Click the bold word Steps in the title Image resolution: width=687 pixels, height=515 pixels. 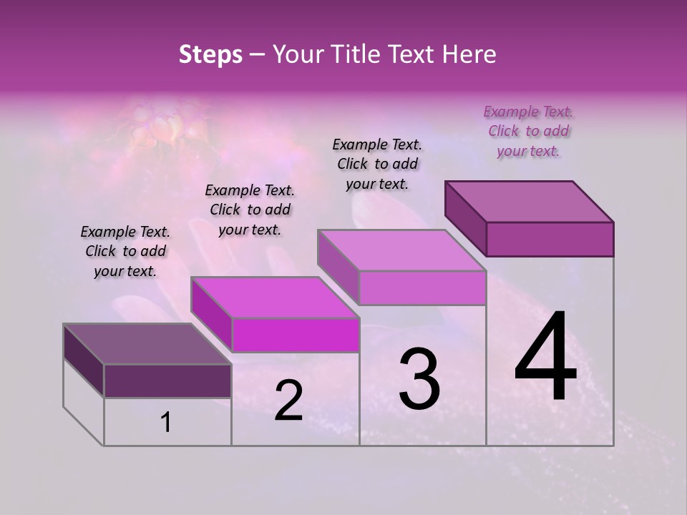tap(210, 54)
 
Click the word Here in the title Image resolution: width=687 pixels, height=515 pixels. tap(468, 54)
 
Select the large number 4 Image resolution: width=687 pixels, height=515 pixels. tap(545, 358)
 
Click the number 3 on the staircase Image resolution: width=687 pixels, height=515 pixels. tap(419, 379)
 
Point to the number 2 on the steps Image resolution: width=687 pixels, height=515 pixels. tap(288, 401)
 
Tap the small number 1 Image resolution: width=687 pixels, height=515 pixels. tap(166, 423)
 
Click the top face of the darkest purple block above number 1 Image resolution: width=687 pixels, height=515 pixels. tap(147, 344)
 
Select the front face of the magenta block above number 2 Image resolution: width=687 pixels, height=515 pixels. tap(295, 335)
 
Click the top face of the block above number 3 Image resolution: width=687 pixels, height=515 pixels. tap(401, 251)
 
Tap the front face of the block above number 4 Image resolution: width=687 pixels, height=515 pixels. tap(550, 239)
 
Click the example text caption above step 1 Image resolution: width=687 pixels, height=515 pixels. tap(125, 252)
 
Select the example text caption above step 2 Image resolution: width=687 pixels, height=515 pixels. tap(250, 210)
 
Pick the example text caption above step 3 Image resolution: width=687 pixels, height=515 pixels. tap(377, 165)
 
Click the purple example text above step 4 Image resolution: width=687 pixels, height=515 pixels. tap(528, 132)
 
